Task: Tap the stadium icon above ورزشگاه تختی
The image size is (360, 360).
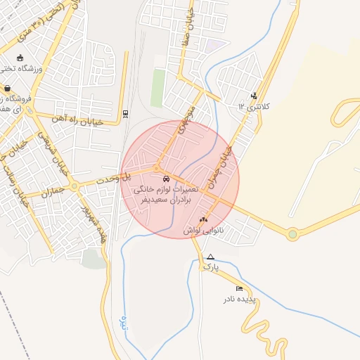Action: point(20,58)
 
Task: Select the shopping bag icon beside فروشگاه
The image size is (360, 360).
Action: point(8,89)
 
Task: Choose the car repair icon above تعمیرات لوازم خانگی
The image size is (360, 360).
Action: point(166,179)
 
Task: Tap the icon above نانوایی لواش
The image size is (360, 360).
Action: point(204,219)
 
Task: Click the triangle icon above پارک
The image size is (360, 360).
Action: point(210,257)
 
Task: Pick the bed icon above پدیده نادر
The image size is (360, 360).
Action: point(240,288)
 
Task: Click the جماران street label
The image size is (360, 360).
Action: point(53,191)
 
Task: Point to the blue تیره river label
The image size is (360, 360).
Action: point(124,324)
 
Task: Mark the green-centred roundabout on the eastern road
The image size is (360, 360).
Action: point(292,234)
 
